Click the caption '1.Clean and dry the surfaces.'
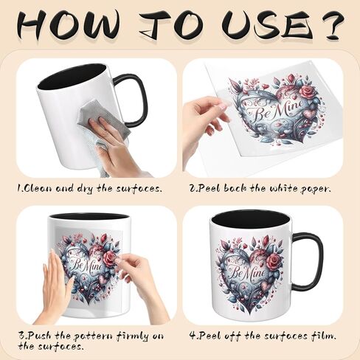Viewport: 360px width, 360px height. (89, 188)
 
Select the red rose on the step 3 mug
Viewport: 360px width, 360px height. (110, 258)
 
